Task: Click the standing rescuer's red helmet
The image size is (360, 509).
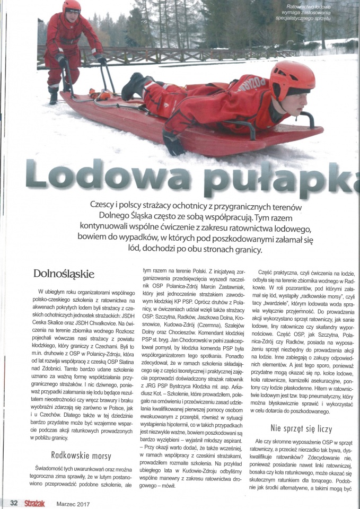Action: (x=72, y=8)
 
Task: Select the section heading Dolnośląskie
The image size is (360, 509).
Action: (x=64, y=274)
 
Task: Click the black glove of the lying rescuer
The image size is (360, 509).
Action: (x=173, y=144)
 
